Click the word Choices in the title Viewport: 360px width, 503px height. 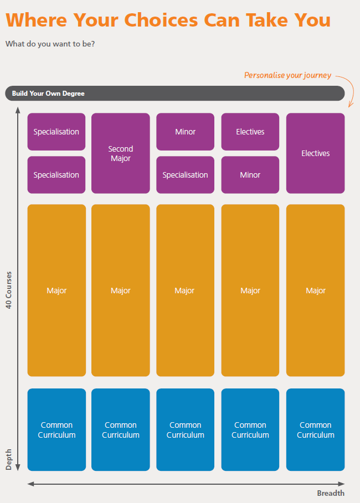click(x=161, y=20)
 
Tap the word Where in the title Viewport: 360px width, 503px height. click(x=37, y=20)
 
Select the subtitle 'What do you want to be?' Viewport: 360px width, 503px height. click(x=50, y=44)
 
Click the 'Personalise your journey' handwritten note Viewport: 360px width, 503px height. click(x=288, y=75)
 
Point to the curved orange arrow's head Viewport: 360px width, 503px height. click(x=351, y=105)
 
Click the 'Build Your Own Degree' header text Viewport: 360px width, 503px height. click(x=48, y=94)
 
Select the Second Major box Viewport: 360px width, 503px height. click(x=120, y=153)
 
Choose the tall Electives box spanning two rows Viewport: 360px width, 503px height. click(x=315, y=153)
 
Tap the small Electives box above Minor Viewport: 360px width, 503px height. click(x=250, y=132)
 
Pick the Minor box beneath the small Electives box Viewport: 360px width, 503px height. click(x=250, y=175)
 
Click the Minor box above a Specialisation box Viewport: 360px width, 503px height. click(x=186, y=132)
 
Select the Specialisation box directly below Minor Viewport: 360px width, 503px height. click(x=186, y=175)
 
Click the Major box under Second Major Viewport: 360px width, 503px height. click(x=120, y=291)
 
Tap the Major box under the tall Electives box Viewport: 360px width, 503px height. click(x=315, y=291)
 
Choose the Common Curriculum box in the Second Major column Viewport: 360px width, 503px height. click(x=120, y=429)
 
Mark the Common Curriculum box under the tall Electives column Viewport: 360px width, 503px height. click(x=315, y=429)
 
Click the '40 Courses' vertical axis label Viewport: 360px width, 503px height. click(x=9, y=290)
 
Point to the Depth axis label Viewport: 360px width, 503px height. click(x=9, y=459)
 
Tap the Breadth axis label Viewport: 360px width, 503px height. click(x=331, y=493)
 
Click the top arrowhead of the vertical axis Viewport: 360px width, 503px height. click(x=18, y=110)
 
